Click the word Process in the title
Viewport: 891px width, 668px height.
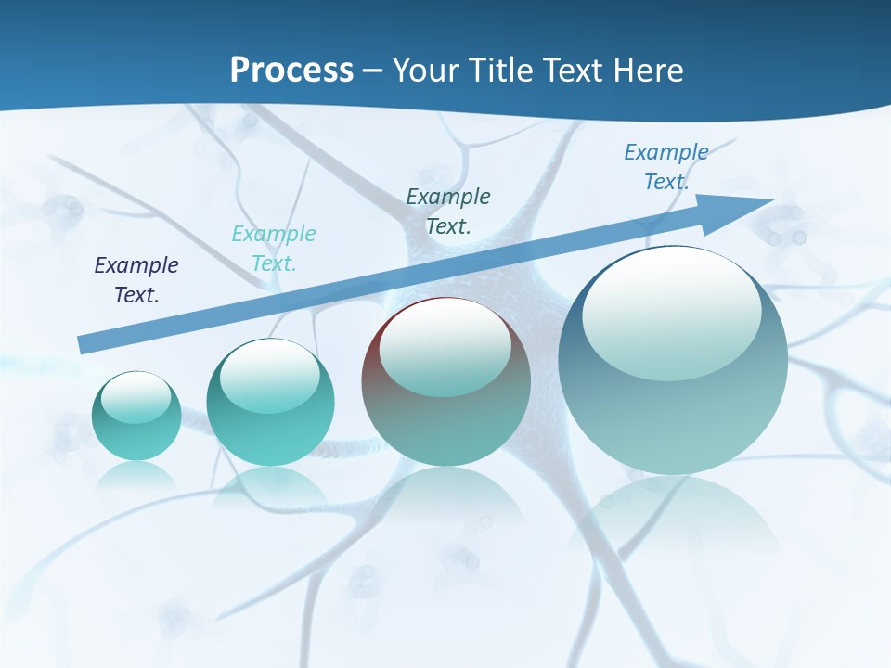pos(291,70)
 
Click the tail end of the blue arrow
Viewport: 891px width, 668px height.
pos(84,344)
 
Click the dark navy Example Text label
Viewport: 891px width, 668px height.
pos(136,280)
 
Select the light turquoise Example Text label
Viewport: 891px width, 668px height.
pos(274,248)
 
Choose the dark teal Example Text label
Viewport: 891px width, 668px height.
pos(448,211)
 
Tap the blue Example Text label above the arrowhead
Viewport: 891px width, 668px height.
pos(666,166)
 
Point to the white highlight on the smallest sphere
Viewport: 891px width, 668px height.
pos(136,397)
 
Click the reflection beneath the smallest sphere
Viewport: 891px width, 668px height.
pos(136,477)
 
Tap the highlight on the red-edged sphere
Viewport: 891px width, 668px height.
pos(445,345)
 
